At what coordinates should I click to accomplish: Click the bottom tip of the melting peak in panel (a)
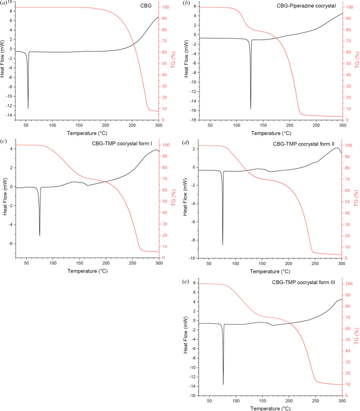point(28,108)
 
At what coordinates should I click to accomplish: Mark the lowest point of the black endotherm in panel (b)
point(250,108)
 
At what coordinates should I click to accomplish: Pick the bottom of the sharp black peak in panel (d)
point(223,245)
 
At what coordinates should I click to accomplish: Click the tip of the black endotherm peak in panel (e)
point(223,384)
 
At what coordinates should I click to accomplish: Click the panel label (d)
point(186,143)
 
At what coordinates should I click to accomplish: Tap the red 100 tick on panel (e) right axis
point(350,284)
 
